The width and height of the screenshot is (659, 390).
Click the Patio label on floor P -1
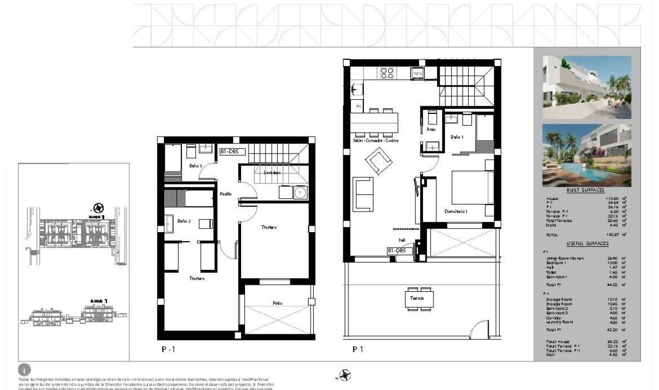click(x=278, y=303)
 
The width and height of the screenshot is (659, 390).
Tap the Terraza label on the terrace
click(x=416, y=298)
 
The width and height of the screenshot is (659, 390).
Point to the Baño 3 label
click(x=195, y=165)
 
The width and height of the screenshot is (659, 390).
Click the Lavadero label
click(x=270, y=172)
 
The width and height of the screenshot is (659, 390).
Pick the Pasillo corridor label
click(x=225, y=194)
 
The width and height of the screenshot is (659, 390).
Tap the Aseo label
click(x=430, y=129)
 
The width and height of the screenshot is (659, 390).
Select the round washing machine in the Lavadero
click(x=300, y=192)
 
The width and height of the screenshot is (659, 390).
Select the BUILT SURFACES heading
click(x=585, y=190)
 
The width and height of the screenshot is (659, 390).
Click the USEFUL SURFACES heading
click(x=587, y=243)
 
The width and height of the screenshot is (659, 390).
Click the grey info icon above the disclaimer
click(x=25, y=370)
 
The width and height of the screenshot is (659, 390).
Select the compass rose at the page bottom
click(x=345, y=374)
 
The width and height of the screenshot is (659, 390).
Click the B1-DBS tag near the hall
click(x=399, y=250)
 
